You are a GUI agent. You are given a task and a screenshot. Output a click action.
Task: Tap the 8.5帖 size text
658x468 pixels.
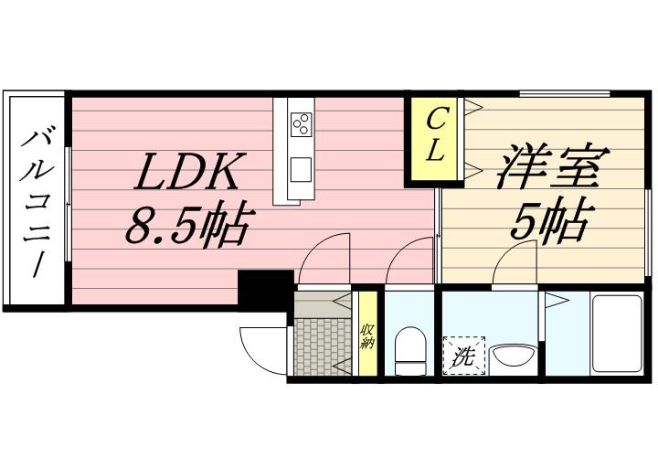(x=186, y=225)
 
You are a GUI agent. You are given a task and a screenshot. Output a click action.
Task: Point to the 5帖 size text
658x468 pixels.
(x=548, y=220)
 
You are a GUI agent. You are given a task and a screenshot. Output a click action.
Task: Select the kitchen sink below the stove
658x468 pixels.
(x=301, y=169)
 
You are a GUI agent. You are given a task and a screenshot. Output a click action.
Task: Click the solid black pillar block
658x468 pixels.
(x=265, y=291)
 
